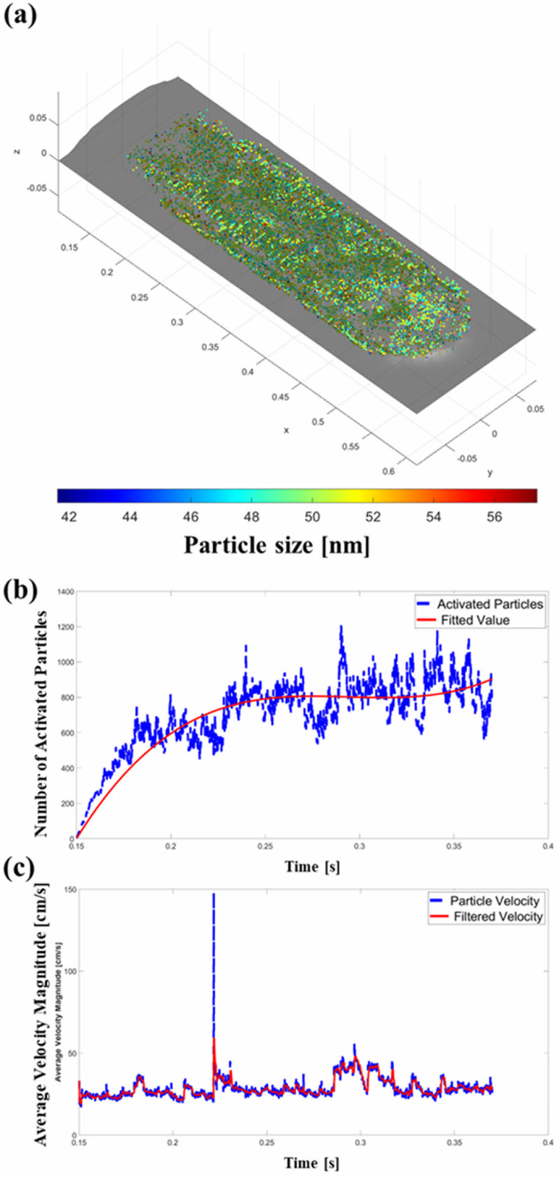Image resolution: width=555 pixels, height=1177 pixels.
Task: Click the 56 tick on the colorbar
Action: click(x=494, y=517)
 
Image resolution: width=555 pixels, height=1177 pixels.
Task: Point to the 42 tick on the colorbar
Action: click(x=69, y=517)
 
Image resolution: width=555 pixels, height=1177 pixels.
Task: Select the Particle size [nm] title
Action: click(x=276, y=546)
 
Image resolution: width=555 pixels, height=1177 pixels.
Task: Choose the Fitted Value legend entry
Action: click(x=475, y=620)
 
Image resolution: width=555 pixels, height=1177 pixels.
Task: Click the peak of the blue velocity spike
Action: click(x=214, y=895)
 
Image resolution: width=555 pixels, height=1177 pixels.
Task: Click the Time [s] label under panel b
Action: click(x=312, y=867)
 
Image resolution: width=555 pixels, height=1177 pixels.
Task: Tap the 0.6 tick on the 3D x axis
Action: click(x=388, y=472)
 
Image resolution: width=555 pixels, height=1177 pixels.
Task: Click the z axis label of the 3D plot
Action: click(x=18, y=152)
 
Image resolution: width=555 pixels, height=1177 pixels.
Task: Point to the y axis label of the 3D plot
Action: click(x=490, y=472)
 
